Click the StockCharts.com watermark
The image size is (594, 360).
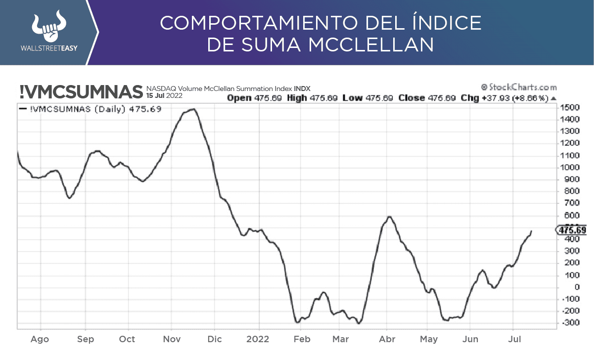[519, 87]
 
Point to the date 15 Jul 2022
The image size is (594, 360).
[164, 95]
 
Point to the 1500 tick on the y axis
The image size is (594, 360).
[569, 107]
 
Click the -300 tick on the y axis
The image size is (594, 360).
[569, 323]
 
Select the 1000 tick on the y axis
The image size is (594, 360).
[569, 167]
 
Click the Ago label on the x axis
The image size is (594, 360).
[40, 339]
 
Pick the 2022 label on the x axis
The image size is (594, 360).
[257, 339]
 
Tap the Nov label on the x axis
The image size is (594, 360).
[171, 339]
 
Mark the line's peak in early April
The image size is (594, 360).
[389, 217]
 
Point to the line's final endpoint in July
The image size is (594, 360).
[532, 230]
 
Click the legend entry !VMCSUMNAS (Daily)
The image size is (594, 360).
[90, 109]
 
